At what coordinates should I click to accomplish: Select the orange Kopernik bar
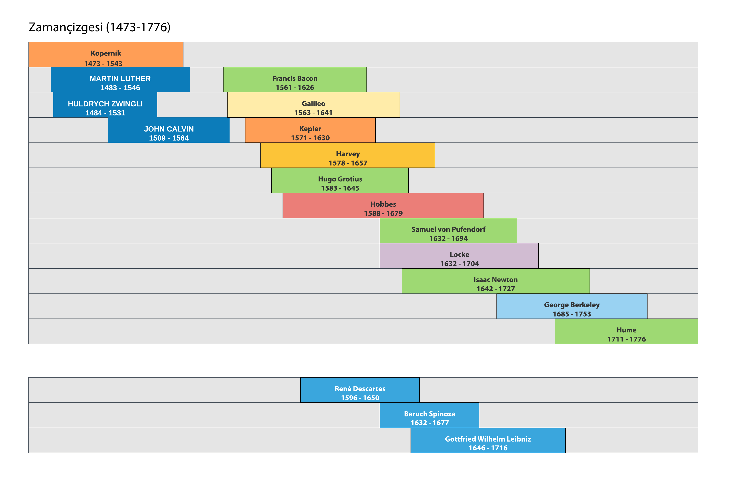pos(106,54)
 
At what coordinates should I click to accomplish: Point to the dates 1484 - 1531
pos(105,113)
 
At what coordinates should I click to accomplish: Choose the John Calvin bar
pos(169,130)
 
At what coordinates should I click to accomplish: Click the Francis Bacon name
pos(295,78)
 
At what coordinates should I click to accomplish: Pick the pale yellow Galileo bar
pos(313,105)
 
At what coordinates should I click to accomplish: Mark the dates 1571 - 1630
pos(310,138)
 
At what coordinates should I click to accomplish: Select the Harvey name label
pos(348,154)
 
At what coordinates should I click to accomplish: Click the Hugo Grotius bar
pos(340,180)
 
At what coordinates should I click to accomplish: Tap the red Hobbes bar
pos(383,206)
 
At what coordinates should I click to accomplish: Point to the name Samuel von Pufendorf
pos(448,229)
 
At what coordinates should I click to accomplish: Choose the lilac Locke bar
pos(459,256)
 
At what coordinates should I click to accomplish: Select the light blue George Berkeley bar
pos(572,306)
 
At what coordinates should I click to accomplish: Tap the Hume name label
pos(626,330)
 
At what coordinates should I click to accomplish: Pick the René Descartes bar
pos(360,390)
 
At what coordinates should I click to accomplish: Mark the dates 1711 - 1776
pos(626,339)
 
